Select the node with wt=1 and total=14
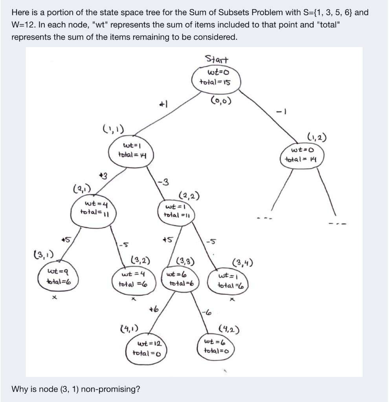coord(131,151)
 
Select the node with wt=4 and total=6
coord(134,278)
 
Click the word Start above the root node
coord(217,60)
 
